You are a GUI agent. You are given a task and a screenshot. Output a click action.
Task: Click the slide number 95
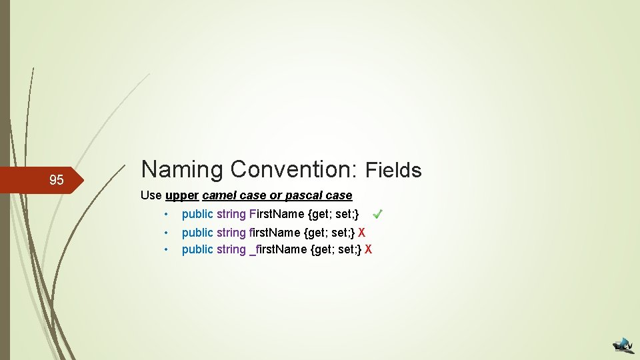[x=57, y=180]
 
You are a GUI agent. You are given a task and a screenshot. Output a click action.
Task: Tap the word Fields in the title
[x=394, y=171]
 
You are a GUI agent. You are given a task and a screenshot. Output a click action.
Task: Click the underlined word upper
[x=182, y=195]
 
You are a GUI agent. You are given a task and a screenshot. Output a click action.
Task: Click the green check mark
[x=377, y=214]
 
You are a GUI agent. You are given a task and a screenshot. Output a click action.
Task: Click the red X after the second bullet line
[x=362, y=233]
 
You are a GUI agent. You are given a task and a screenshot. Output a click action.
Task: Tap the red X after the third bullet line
[x=369, y=249]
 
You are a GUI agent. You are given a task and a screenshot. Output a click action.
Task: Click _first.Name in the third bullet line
[x=279, y=249]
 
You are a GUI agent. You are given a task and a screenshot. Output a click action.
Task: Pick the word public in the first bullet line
[x=197, y=214]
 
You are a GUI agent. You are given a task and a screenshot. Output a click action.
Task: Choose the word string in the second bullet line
[x=231, y=233]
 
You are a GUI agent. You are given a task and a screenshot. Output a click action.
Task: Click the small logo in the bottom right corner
[x=624, y=344]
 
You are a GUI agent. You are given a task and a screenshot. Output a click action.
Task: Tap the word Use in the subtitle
[x=151, y=195]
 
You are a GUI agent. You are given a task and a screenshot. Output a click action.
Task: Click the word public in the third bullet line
[x=197, y=249]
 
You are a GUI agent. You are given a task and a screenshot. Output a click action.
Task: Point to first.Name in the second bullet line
[x=275, y=233]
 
